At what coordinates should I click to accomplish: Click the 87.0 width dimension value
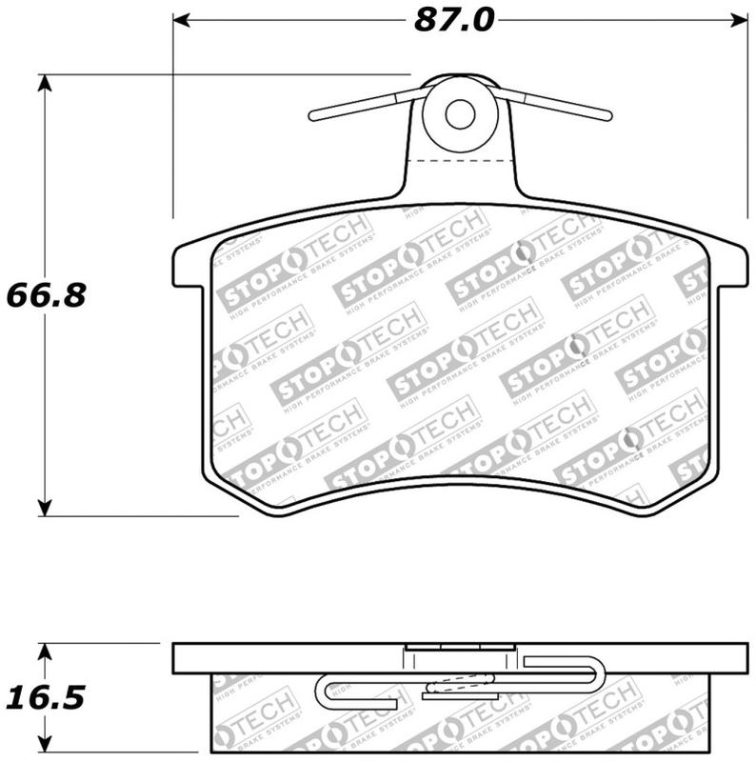(x=453, y=19)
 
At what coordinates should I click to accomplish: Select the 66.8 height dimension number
(x=46, y=295)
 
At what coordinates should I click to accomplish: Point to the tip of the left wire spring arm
(x=312, y=115)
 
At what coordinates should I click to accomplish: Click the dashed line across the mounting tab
(x=460, y=162)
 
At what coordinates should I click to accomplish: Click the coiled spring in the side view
(x=460, y=683)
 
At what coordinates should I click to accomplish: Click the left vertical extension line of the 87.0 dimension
(x=173, y=114)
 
